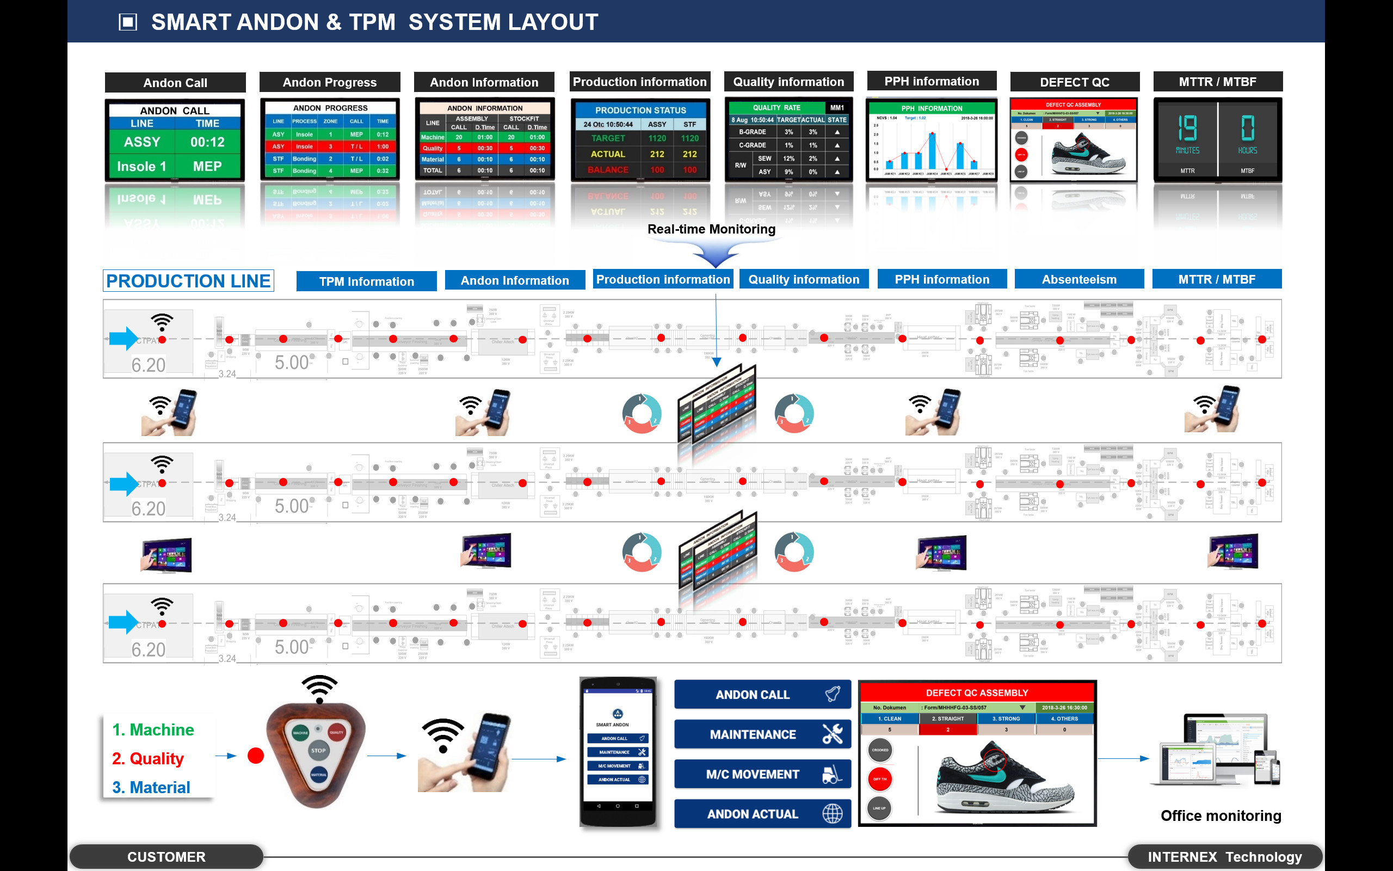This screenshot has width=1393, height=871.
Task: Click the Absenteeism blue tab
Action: [1078, 279]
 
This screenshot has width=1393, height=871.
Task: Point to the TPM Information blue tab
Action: [366, 281]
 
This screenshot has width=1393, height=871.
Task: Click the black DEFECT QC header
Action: [1074, 82]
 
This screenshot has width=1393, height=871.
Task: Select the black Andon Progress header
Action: [329, 82]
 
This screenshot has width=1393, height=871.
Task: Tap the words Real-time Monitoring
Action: [712, 229]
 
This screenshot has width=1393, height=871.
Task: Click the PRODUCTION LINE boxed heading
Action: [188, 281]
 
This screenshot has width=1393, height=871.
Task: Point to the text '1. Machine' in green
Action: [153, 730]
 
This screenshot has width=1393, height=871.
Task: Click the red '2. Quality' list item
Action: [148, 759]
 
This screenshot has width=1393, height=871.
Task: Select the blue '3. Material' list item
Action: [151, 788]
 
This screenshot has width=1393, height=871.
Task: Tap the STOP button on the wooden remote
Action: [318, 750]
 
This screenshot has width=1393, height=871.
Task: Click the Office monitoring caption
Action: [1221, 815]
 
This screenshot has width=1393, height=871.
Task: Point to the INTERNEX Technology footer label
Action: [1224, 857]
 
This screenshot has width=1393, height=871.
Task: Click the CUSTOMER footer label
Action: [167, 857]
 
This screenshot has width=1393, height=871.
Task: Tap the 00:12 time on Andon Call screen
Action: [207, 142]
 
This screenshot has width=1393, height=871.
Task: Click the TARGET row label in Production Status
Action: [608, 138]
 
